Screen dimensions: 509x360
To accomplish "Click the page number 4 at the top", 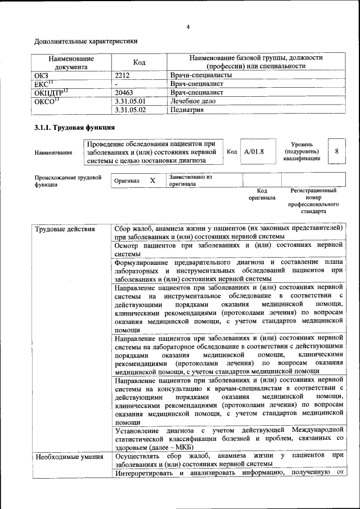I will point(188,26).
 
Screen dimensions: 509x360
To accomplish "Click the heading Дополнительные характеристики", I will point(85,41).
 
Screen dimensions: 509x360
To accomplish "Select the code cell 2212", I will point(123,75).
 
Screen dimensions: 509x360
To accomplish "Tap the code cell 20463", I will point(124,92).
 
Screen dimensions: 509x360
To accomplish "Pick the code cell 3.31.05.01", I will point(130,101).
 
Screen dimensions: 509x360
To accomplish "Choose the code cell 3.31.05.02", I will point(130,110).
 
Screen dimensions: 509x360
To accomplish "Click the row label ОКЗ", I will point(42,75).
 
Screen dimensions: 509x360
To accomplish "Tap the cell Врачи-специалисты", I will point(200,75).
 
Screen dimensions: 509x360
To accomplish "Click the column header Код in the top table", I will point(139,62).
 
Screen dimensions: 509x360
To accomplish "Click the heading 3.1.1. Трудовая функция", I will point(75,128).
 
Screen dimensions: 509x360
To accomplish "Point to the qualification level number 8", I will point(336,152).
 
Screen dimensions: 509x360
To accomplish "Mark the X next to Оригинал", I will point(152,181).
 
